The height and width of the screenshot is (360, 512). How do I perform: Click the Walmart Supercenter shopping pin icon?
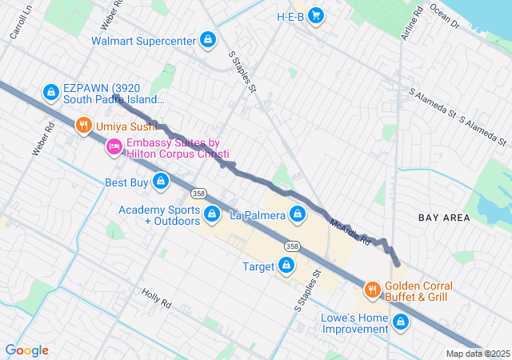click(208, 40)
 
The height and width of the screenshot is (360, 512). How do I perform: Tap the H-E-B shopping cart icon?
click(316, 15)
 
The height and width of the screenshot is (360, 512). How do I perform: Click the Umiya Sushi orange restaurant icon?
click(84, 126)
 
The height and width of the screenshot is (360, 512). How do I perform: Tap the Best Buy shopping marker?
click(162, 182)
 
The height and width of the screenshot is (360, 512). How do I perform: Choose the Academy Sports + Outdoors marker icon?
click(213, 214)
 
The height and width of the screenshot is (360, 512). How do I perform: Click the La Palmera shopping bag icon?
click(298, 214)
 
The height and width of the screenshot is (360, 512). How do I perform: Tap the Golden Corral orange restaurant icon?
click(372, 290)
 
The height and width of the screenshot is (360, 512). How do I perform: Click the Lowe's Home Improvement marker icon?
click(401, 323)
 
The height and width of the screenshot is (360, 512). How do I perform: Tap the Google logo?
click(27, 350)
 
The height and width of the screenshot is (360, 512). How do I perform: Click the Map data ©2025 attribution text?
click(477, 354)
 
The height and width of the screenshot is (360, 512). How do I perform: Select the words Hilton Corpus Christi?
click(178, 154)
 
